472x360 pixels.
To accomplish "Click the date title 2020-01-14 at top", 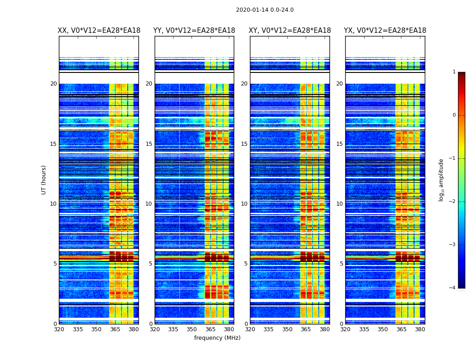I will click(264, 10).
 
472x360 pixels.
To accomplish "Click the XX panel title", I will click(99, 31).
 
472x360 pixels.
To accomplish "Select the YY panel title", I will click(194, 31).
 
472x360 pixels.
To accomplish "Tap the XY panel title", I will click(290, 31).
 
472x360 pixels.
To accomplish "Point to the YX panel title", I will click(385, 31).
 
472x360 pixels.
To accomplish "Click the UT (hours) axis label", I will click(44, 180).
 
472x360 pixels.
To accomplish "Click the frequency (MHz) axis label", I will click(217, 338).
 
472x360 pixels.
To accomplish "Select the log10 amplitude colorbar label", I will click(441, 180).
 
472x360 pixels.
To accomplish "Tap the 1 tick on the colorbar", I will click(454, 72).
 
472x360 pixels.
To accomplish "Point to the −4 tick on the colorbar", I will click(453, 288).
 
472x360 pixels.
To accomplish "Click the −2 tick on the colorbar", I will click(453, 202).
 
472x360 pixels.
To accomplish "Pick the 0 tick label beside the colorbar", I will click(454, 115).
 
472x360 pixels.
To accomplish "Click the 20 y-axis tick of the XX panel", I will click(53, 84).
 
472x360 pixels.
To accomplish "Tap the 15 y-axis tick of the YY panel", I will click(149, 144).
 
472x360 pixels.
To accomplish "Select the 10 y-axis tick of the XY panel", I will click(244, 204).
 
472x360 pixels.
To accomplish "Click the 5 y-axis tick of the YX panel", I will click(341, 264).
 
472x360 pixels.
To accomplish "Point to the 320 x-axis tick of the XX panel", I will click(59, 329).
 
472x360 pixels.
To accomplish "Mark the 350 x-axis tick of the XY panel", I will click(287, 329).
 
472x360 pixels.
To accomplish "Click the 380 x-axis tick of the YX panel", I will click(420, 329).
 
